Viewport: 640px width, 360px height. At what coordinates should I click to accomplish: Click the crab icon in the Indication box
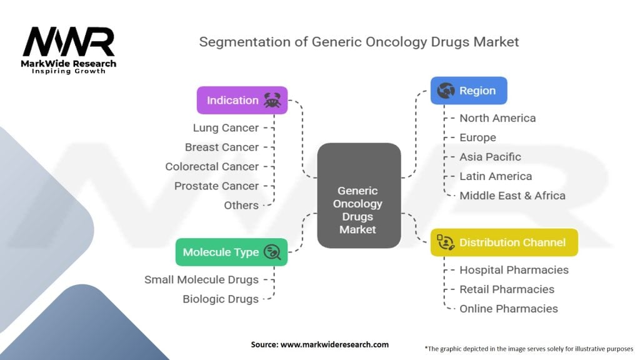[x=272, y=100]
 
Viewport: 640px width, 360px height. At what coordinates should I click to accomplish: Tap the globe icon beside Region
[x=446, y=90]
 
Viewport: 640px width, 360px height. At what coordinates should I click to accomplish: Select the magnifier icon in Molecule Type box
[x=272, y=252]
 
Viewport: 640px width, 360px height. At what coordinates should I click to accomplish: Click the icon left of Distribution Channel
[x=446, y=242]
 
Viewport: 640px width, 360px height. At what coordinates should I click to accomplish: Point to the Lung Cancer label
[x=226, y=127]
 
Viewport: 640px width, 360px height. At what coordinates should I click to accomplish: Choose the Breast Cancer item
[x=222, y=147]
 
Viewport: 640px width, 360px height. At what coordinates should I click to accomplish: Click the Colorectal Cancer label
[x=212, y=166]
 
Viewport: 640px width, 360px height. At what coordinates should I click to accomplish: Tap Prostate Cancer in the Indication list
[x=216, y=186]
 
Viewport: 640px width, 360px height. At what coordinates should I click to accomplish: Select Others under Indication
[x=241, y=205]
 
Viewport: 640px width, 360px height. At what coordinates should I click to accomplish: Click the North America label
[x=497, y=118]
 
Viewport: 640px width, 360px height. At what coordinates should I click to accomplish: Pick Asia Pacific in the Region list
[x=490, y=157]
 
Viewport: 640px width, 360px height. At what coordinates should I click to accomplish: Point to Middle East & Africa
[x=512, y=196]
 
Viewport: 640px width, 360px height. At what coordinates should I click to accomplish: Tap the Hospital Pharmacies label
[x=514, y=270]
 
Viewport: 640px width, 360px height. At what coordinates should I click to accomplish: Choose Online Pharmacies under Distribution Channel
[x=509, y=309]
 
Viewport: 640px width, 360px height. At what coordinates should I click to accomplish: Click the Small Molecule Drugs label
[x=202, y=279]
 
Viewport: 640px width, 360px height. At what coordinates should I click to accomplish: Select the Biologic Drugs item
[x=221, y=299]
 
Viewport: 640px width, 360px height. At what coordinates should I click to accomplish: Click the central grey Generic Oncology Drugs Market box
[x=359, y=196]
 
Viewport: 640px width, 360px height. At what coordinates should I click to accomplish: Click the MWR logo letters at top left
[x=69, y=41]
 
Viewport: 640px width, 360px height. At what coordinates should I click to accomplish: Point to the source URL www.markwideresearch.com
[x=334, y=344]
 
